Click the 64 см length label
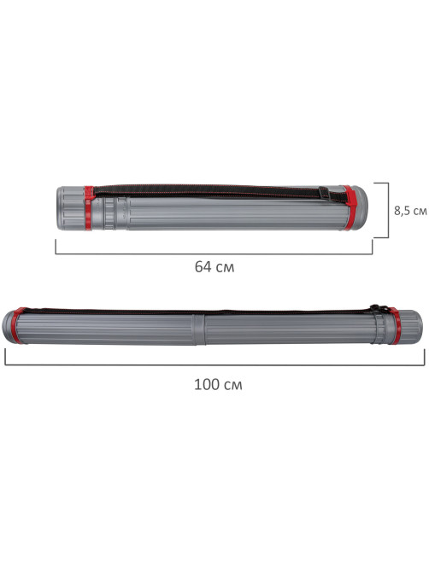pos(214,267)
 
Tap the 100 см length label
pos(218,385)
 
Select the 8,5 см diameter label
pos(410,211)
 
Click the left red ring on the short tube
pos(89,208)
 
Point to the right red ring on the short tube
pos(350,208)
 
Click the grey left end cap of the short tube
pos(71,208)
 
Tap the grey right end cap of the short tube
pos(361,208)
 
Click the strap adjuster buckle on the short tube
pos(324,193)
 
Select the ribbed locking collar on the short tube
pos(109,213)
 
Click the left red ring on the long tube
pos(16,325)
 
